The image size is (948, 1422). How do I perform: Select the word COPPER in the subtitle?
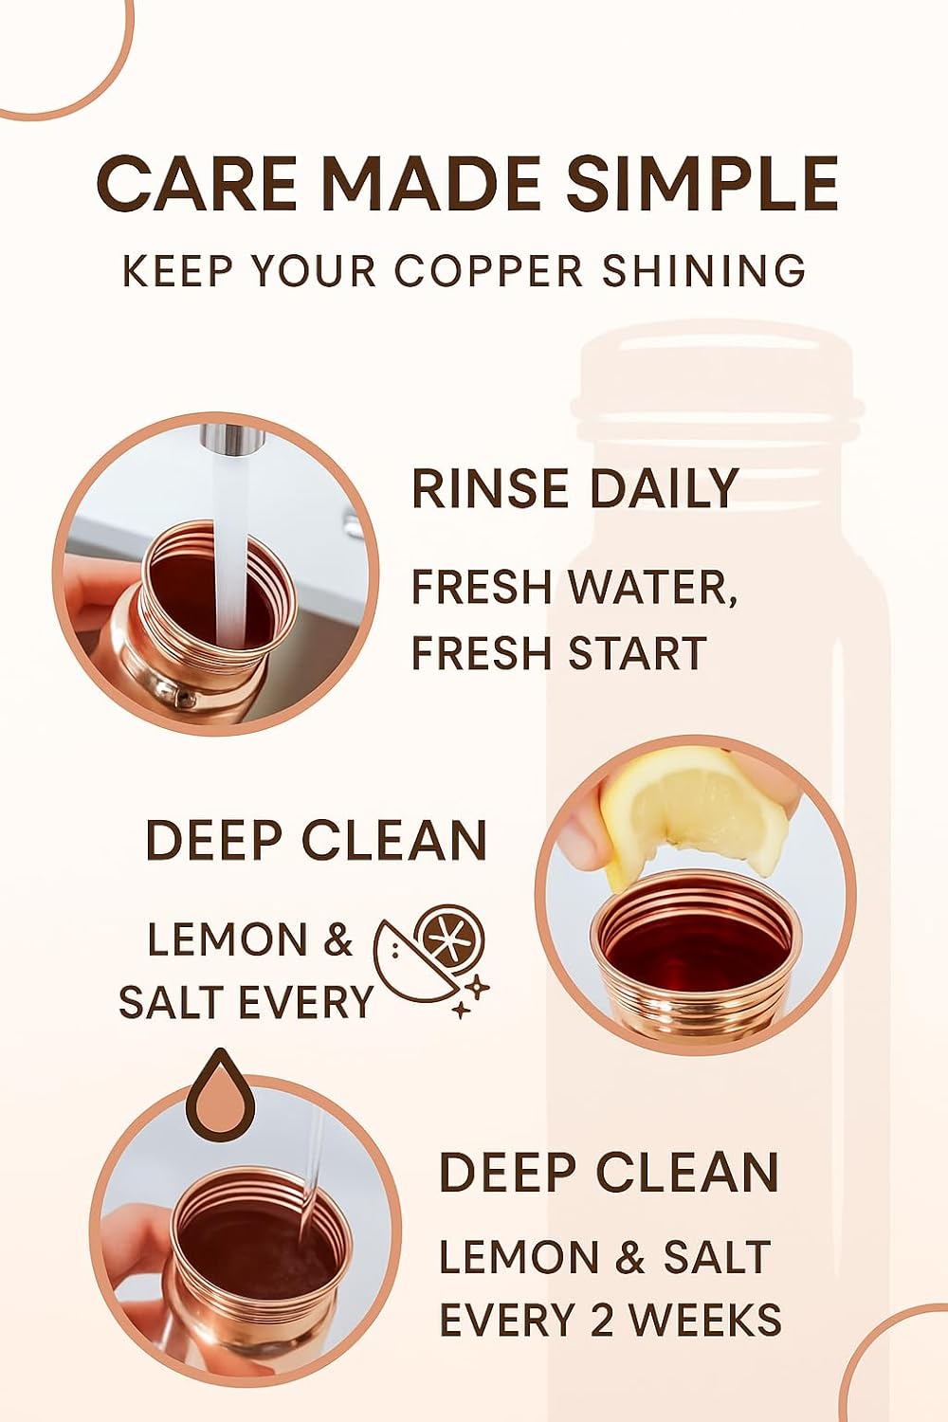pos(488,271)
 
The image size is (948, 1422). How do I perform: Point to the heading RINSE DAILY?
pos(574,489)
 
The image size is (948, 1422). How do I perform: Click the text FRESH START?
pos(559,654)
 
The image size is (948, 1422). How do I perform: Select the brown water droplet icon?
pos(220,1095)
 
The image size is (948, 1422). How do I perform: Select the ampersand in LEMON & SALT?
pos(630,1258)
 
